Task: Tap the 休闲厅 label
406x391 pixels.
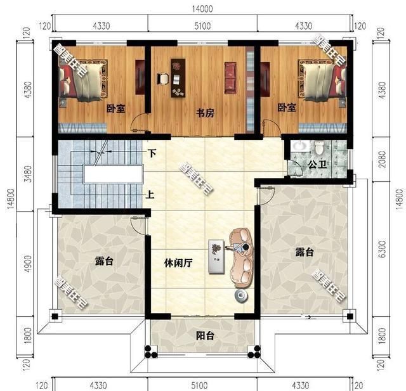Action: coord(178,261)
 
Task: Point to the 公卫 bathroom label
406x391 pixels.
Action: coord(317,164)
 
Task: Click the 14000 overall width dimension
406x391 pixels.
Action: coord(203,8)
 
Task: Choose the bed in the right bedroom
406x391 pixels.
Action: coord(324,80)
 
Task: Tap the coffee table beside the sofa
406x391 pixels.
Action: coord(218,255)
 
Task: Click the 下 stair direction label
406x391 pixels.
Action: coord(152,153)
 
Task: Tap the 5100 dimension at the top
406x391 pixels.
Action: coord(203,25)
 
